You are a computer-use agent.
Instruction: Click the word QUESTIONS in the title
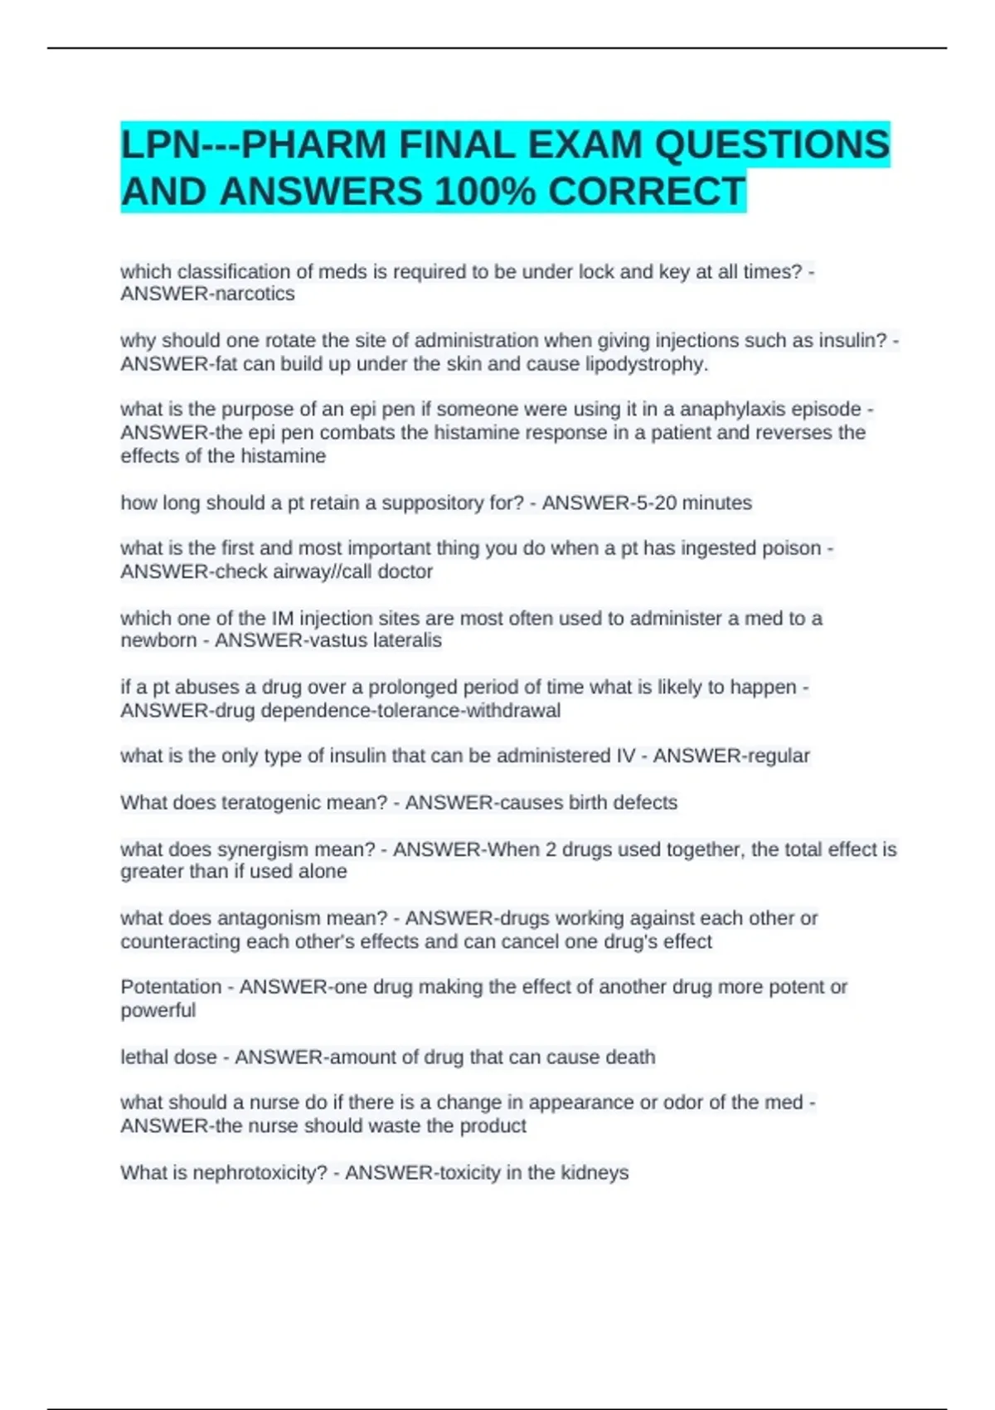(x=771, y=145)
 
